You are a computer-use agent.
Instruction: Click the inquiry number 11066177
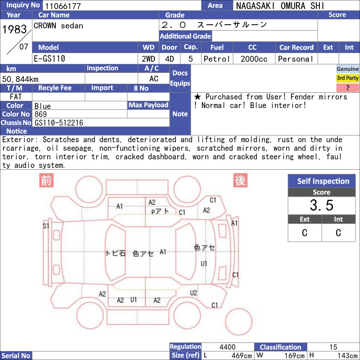click(63, 6)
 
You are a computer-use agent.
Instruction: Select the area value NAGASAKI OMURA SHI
click(280, 6)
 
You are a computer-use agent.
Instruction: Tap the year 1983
click(15, 29)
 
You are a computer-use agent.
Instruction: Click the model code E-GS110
click(49, 58)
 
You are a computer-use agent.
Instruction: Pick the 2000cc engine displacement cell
click(254, 59)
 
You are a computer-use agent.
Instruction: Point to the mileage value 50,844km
click(20, 79)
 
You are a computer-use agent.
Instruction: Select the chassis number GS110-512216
click(59, 123)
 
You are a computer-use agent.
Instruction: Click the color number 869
click(40, 114)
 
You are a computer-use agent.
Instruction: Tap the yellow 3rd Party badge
click(347, 78)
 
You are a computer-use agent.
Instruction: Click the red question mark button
click(347, 87)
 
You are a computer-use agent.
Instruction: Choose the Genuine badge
click(347, 69)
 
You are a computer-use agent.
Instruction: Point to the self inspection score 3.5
click(321, 205)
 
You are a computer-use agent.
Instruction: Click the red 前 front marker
click(46, 180)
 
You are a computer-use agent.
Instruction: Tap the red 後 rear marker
click(240, 180)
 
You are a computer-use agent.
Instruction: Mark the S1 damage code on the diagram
click(46, 226)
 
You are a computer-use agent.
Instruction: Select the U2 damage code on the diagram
click(193, 293)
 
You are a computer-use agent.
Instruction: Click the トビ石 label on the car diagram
click(116, 253)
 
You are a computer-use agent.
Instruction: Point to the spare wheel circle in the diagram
click(239, 322)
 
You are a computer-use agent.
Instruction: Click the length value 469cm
click(242, 355)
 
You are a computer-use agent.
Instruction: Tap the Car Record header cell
click(297, 47)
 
